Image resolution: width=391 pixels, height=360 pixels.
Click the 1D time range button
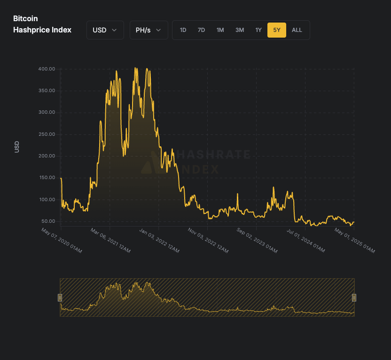183,30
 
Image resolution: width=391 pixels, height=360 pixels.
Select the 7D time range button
201,30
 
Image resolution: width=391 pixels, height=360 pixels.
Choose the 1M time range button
220,30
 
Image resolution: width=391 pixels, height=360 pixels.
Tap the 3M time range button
240,30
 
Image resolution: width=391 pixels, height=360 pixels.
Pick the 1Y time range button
258,30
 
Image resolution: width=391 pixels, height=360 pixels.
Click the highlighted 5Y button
277,30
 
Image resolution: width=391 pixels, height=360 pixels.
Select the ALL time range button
297,30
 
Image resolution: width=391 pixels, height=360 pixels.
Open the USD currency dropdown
105,30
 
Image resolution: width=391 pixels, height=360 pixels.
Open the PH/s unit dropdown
149,30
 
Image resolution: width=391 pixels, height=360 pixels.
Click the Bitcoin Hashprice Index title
42,24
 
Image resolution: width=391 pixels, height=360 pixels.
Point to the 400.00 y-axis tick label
47,69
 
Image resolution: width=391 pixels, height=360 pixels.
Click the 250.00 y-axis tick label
47,134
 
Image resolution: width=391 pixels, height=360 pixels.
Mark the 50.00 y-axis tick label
48,221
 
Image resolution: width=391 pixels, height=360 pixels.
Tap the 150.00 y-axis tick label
47,178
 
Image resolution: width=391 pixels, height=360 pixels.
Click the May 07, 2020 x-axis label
62,241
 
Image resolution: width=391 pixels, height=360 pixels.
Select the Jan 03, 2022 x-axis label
160,241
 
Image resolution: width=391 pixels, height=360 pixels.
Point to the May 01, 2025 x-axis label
355,241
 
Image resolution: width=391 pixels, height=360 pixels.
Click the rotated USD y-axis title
17,147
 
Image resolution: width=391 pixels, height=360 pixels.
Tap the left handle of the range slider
60,297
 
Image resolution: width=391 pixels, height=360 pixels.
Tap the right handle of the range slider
354,297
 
